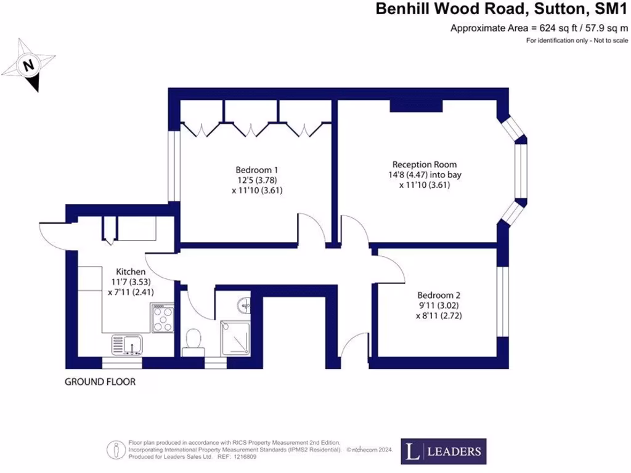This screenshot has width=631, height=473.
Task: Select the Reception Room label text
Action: point(425,164)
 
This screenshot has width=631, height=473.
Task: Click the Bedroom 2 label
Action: point(439,294)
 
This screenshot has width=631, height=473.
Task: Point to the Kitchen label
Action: point(131,272)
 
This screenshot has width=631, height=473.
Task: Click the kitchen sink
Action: point(127,344)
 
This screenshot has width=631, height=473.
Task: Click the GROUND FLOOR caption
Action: point(100,382)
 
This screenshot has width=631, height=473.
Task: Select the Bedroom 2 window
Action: point(502,303)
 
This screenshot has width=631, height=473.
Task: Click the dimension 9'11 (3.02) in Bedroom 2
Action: point(439,305)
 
